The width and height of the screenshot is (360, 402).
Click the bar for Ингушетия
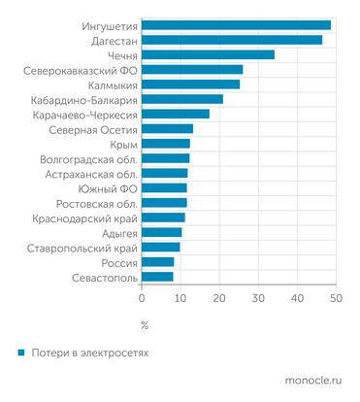pos(237,25)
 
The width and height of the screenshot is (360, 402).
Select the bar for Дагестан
pos(232,40)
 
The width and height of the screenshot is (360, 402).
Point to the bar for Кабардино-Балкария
pos(182,99)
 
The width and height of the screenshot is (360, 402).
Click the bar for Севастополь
pos(158,277)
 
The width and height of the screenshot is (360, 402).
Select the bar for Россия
pos(158,262)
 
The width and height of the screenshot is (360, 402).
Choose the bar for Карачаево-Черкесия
pos(176,114)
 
